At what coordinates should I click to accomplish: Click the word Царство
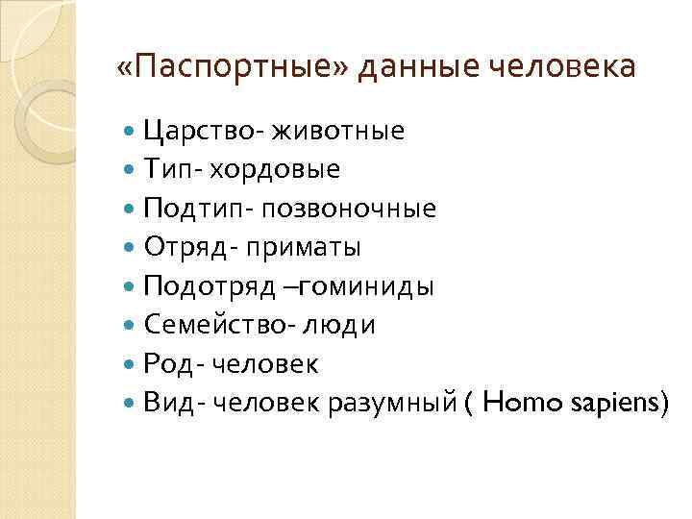(x=203, y=131)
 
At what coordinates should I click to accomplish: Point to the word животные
(x=337, y=131)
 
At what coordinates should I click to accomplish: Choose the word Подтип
(x=191, y=209)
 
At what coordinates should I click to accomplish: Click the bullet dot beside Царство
(x=131, y=131)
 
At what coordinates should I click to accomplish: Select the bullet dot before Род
(x=131, y=365)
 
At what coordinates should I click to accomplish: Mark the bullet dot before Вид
(x=131, y=404)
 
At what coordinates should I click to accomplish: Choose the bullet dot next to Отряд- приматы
(x=131, y=248)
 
